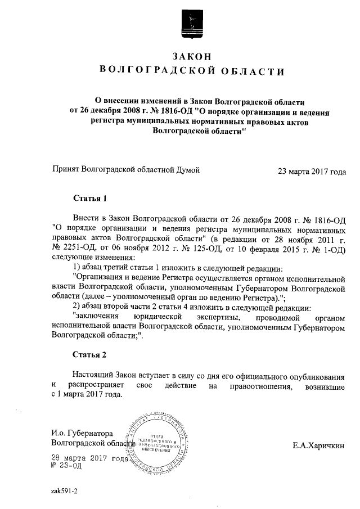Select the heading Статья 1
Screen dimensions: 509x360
click(89, 199)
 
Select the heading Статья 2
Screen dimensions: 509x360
click(89, 355)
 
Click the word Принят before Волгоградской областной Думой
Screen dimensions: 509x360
click(65, 169)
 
